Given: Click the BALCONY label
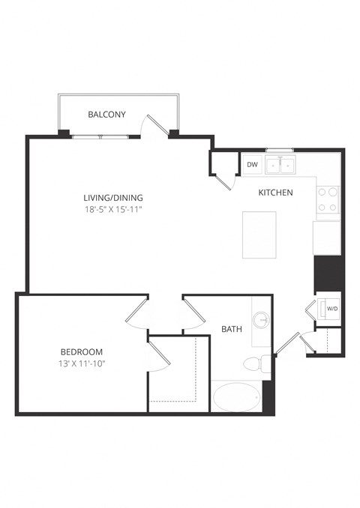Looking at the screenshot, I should pyautogui.click(x=106, y=115).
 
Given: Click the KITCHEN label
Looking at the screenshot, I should pyautogui.click(x=275, y=193).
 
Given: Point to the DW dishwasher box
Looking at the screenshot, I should pyautogui.click(x=252, y=164).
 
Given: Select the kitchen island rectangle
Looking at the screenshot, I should pyautogui.click(x=259, y=235).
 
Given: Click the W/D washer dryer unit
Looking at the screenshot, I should pyautogui.click(x=330, y=307).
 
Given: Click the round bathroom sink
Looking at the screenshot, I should pyautogui.click(x=262, y=321).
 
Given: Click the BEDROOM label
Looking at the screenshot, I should pyautogui.click(x=82, y=351).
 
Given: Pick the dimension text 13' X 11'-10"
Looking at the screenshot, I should pyautogui.click(x=82, y=363).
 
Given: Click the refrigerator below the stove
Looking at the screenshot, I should pyautogui.click(x=327, y=237).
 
